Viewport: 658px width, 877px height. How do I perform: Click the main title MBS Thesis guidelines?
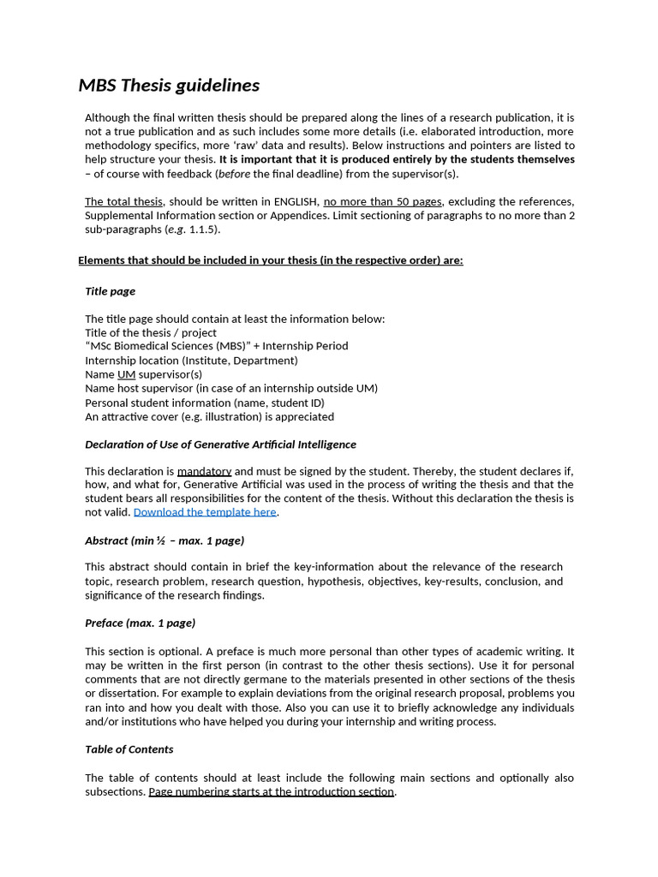[x=169, y=85]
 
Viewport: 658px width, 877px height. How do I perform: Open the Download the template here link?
[x=205, y=512]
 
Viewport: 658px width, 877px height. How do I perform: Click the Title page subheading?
[x=110, y=291]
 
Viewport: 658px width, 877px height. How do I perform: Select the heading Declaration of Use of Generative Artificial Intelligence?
[x=220, y=444]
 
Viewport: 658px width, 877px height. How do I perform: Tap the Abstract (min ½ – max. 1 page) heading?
[x=164, y=540]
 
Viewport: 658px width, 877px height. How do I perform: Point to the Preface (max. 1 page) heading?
[x=140, y=623]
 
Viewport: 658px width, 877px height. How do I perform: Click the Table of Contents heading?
[x=129, y=749]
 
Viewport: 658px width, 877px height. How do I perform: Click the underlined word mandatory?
[x=204, y=471]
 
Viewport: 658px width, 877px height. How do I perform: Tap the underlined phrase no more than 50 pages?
[x=382, y=201]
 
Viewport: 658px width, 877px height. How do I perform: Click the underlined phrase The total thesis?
[x=123, y=201]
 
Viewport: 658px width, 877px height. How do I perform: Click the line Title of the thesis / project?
[x=151, y=332]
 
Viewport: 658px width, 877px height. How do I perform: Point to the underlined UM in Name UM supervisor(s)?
[x=126, y=374]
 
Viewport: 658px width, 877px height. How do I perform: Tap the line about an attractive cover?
[x=209, y=416]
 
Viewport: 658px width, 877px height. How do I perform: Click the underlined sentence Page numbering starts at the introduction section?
[x=271, y=791]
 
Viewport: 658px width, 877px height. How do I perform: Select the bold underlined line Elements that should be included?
[x=270, y=260]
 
